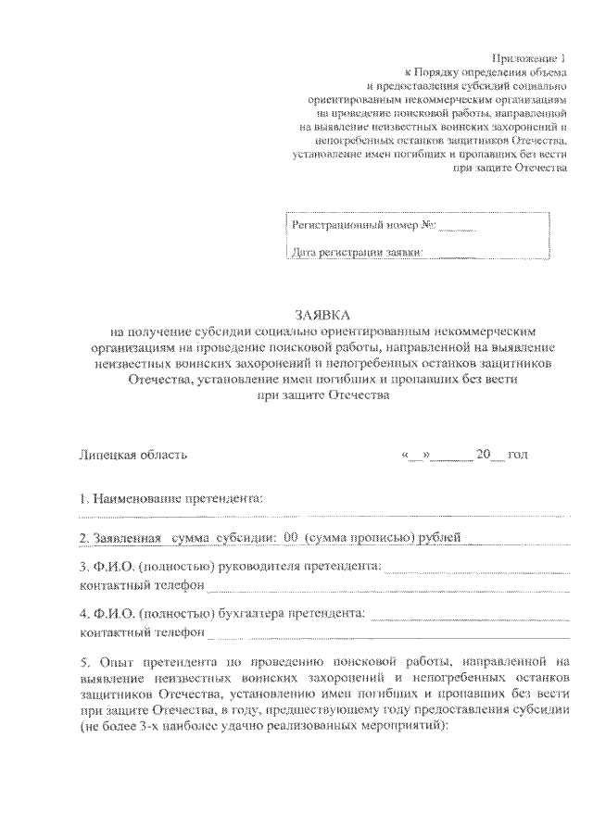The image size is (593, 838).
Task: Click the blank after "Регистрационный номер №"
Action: (x=458, y=225)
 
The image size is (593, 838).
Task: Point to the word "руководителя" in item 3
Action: (x=269, y=566)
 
